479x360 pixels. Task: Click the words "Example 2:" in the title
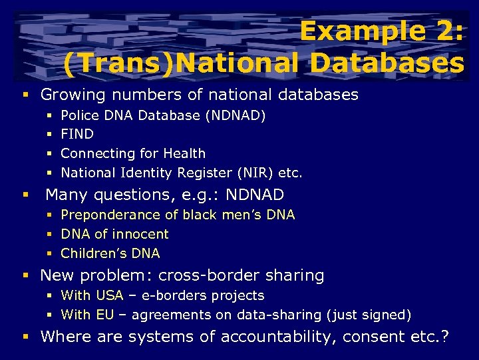tap(381, 31)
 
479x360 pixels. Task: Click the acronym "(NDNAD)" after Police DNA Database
tap(236, 115)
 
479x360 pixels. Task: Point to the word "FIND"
tap(77, 134)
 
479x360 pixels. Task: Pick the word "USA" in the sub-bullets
tap(110, 295)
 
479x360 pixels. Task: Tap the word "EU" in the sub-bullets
tap(105, 314)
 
